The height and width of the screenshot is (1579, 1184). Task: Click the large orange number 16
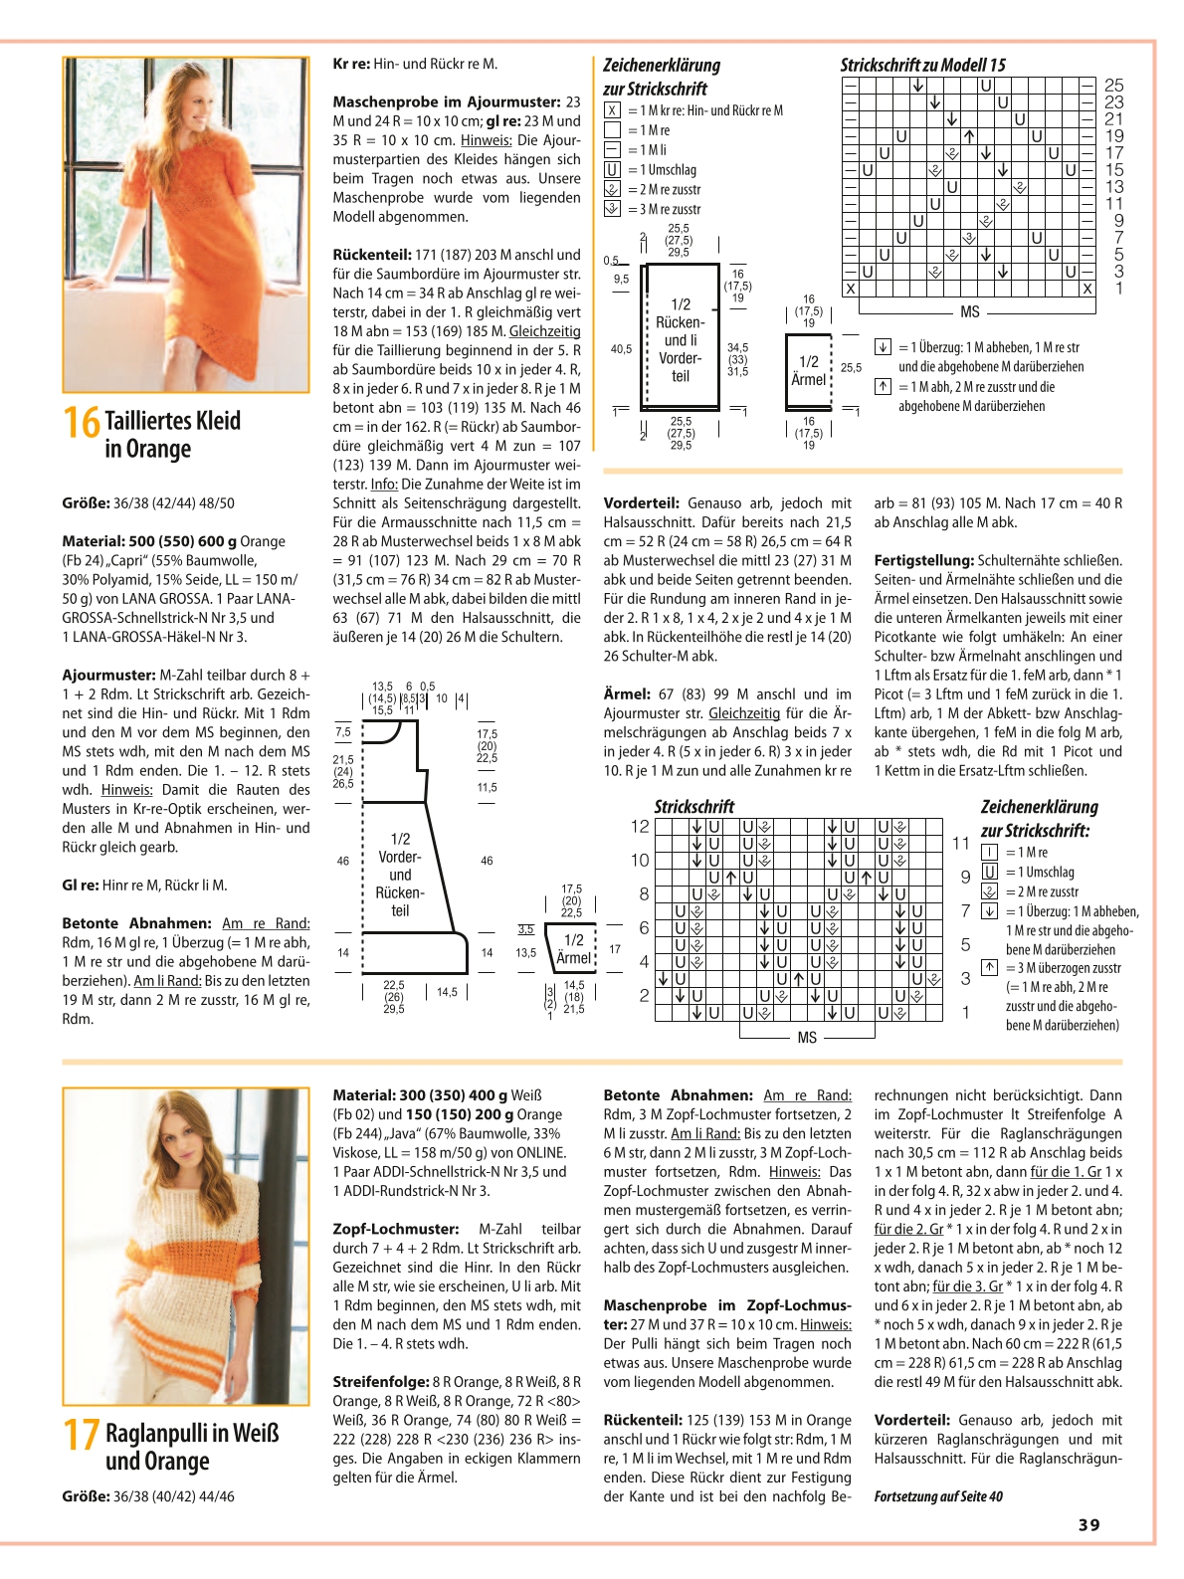[82, 422]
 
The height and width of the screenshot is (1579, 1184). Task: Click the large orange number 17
[82, 1435]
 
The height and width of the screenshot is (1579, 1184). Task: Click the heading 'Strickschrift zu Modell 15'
[923, 65]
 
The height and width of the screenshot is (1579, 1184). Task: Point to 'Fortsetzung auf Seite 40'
[938, 1497]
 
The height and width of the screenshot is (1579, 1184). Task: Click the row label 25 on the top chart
[1114, 85]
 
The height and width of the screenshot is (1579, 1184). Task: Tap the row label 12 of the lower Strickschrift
[640, 827]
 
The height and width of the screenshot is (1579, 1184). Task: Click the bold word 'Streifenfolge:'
[380, 1382]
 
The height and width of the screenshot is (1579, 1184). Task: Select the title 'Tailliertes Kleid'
[173, 421]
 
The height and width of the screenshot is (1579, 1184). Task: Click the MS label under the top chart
[970, 312]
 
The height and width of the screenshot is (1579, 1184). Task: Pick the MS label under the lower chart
[807, 1038]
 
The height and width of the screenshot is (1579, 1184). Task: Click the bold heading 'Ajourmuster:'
[108, 676]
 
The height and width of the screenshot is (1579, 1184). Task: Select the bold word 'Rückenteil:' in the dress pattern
[372, 255]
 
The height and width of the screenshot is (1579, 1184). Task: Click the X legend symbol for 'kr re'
[612, 110]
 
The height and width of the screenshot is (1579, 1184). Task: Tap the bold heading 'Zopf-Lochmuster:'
[396, 1230]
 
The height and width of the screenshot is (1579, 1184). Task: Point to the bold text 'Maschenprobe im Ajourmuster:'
[446, 101]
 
